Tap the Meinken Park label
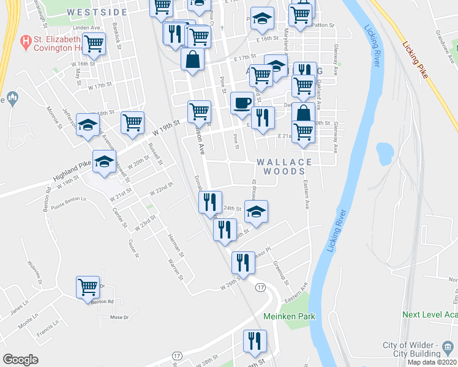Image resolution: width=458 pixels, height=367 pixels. click(288, 316)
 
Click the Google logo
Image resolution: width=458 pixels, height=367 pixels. click(20, 359)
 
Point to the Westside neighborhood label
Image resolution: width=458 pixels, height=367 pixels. click(97, 12)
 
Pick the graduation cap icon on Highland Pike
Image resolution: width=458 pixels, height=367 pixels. click(104, 162)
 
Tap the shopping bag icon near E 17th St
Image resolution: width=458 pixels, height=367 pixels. click(192, 60)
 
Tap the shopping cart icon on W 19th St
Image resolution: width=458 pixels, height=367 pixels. click(132, 122)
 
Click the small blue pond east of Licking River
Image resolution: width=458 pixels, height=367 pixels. click(385, 150)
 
